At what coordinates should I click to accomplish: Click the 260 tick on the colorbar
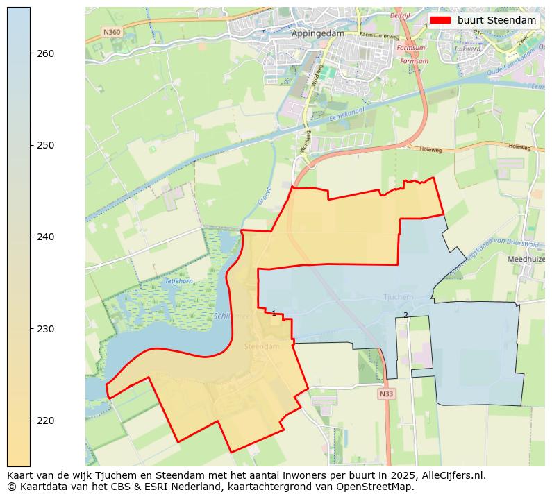coord(31,53)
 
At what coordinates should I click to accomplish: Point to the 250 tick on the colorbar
coord(31,145)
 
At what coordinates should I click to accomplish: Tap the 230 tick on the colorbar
coord(31,329)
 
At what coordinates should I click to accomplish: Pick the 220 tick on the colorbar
coord(31,421)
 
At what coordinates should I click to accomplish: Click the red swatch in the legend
coord(440,20)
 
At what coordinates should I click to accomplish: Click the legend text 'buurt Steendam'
coord(496,20)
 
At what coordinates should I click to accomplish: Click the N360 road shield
coord(111,32)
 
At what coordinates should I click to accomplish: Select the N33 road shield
coord(386,394)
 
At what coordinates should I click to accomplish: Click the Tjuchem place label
coord(399,297)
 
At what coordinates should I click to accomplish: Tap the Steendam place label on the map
coord(262,346)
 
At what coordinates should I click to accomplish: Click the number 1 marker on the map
coord(274,314)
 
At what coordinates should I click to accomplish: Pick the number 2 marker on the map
coord(405,315)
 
